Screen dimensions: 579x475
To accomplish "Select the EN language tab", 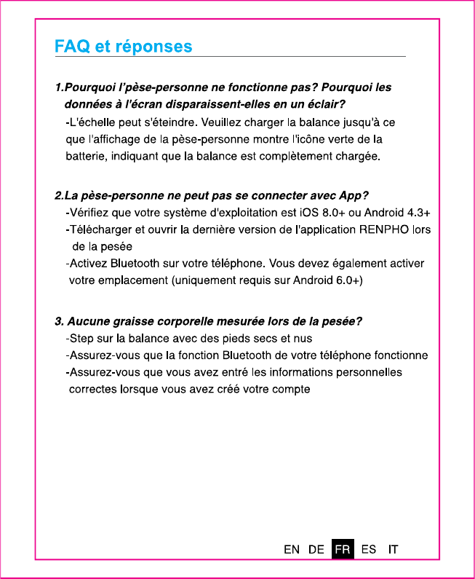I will [292, 549].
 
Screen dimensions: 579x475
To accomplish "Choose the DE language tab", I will [316, 549].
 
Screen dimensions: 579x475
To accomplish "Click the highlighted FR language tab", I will [343, 549].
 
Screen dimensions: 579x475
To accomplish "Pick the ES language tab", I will [369, 549].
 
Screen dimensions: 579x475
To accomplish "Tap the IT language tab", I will [393, 549].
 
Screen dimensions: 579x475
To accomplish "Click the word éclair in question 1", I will [324, 103].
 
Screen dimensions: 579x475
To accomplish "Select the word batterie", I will [84, 156].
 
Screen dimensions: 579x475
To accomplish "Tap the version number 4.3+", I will [417, 213].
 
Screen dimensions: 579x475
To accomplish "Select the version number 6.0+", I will [347, 280].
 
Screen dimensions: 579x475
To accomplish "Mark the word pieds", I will [239, 339].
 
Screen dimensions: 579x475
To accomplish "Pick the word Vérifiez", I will [90, 213].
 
